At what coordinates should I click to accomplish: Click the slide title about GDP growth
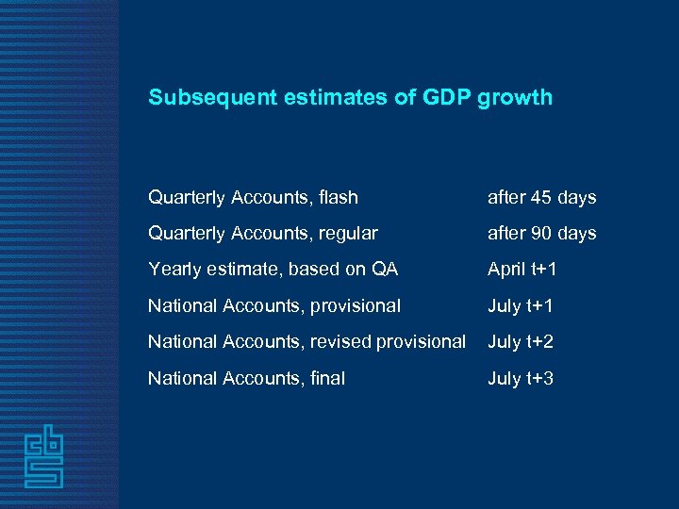[350, 97]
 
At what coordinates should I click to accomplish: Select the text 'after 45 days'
[541, 197]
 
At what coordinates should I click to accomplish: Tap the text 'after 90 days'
[541, 233]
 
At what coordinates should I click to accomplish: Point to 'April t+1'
[522, 270]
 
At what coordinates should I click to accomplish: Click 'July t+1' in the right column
[520, 305]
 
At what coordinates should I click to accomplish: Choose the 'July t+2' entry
[520, 341]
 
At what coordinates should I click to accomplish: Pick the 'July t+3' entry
[520, 378]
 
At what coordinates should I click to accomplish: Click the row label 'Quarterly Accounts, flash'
[253, 197]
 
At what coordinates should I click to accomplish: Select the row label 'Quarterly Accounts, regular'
[262, 233]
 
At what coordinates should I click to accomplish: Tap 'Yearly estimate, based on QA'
[273, 270]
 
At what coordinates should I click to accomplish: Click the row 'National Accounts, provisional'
[273, 305]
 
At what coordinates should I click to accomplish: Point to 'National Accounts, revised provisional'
[306, 341]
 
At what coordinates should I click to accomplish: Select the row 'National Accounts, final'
[246, 378]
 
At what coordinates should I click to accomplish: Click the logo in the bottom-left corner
[44, 456]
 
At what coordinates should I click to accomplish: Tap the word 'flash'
[339, 197]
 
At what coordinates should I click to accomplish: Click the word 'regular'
[348, 234]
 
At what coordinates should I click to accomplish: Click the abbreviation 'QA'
[385, 270]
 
